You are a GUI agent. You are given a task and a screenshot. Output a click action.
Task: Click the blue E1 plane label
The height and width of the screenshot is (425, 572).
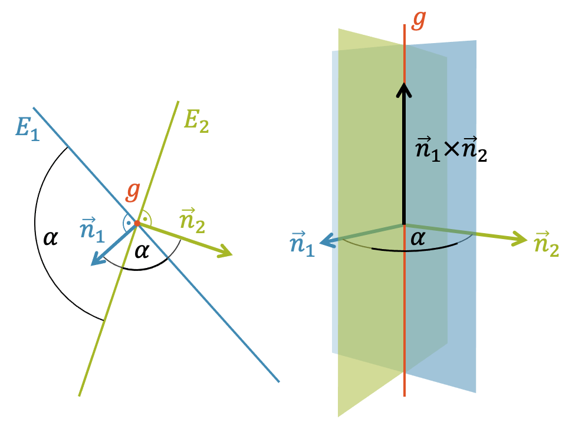28,126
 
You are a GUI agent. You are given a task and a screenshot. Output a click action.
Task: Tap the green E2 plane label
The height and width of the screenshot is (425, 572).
196,120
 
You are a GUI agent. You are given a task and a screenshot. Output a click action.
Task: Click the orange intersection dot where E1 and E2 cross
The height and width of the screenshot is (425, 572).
137,223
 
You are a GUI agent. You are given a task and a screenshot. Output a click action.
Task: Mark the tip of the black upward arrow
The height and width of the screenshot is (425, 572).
404,84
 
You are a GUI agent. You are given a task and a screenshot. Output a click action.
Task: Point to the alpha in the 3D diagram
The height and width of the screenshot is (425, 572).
418,238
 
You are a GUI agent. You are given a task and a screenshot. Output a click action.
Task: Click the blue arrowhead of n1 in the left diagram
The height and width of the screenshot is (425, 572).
96,260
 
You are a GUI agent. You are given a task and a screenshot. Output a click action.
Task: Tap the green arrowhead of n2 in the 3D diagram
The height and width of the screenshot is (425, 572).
520,239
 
